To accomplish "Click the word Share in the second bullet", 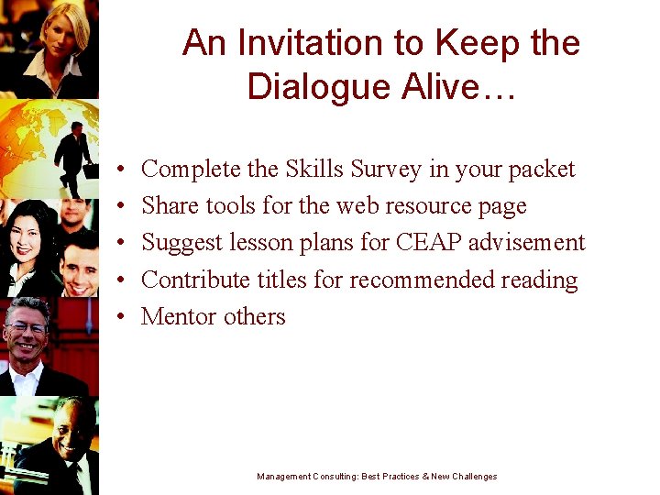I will click(x=168, y=206).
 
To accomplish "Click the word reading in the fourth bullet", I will click(x=542, y=280).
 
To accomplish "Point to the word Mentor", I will click(x=179, y=316).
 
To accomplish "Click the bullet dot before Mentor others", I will click(x=121, y=317).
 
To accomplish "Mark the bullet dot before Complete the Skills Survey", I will click(x=121, y=170).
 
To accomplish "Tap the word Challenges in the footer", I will click(x=473, y=477).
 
